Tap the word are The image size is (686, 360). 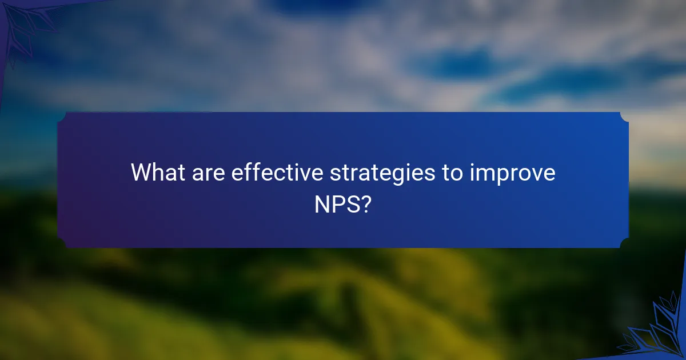click(207, 173)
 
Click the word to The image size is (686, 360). click(452, 173)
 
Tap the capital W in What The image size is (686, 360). click(141, 173)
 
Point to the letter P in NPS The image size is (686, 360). click(338, 205)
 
